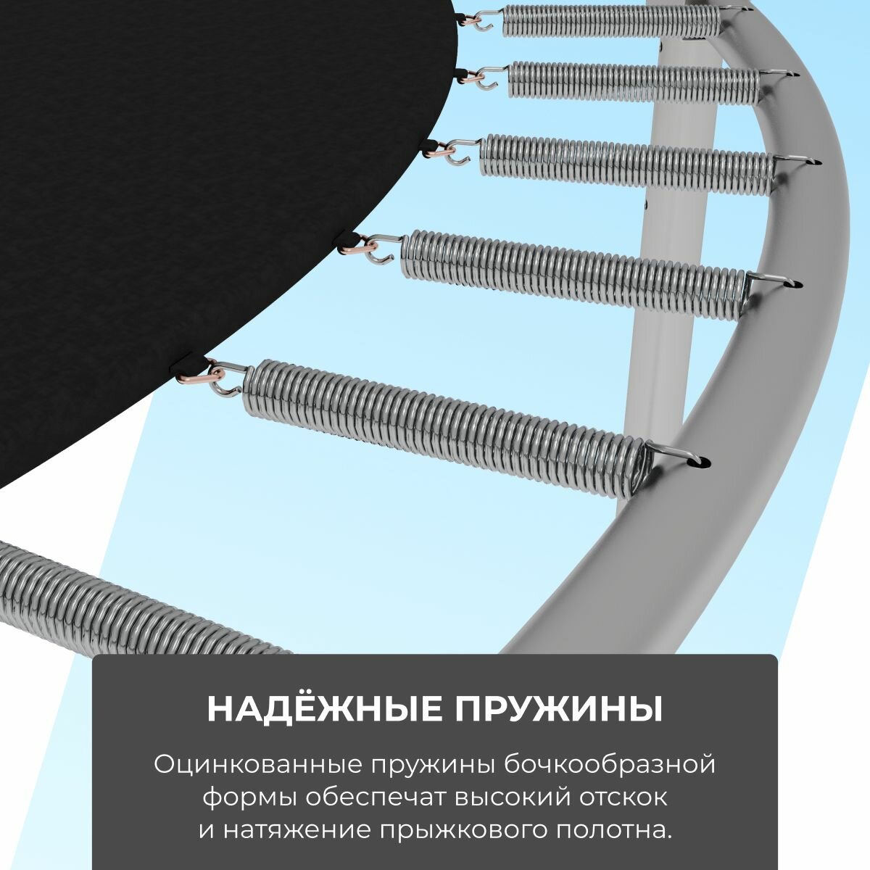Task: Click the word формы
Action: click(x=249, y=797)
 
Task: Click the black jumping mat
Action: click(x=181, y=217)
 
